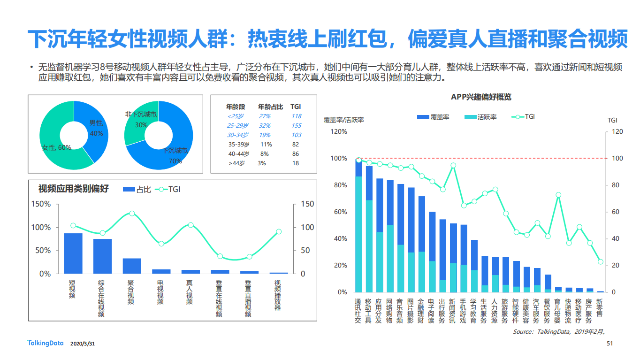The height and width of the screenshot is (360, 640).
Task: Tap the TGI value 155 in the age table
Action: click(x=296, y=126)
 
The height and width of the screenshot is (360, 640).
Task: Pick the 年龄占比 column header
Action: click(x=270, y=107)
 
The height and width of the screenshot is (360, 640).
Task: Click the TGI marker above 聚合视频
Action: click(x=132, y=213)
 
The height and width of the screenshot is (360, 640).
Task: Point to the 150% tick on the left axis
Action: click(x=41, y=204)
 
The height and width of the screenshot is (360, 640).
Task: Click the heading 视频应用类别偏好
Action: click(x=74, y=189)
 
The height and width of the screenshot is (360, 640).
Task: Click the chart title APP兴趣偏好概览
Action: click(x=481, y=97)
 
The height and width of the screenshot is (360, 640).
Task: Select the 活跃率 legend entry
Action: click(x=480, y=117)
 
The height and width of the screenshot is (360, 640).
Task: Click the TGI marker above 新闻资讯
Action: click(x=453, y=165)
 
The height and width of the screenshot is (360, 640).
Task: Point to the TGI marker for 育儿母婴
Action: click(x=558, y=194)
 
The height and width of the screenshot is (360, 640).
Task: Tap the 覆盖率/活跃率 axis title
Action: click(x=343, y=120)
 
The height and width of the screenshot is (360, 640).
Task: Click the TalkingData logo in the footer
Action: click(x=46, y=344)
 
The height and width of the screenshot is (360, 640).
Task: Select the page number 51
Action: click(x=610, y=344)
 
